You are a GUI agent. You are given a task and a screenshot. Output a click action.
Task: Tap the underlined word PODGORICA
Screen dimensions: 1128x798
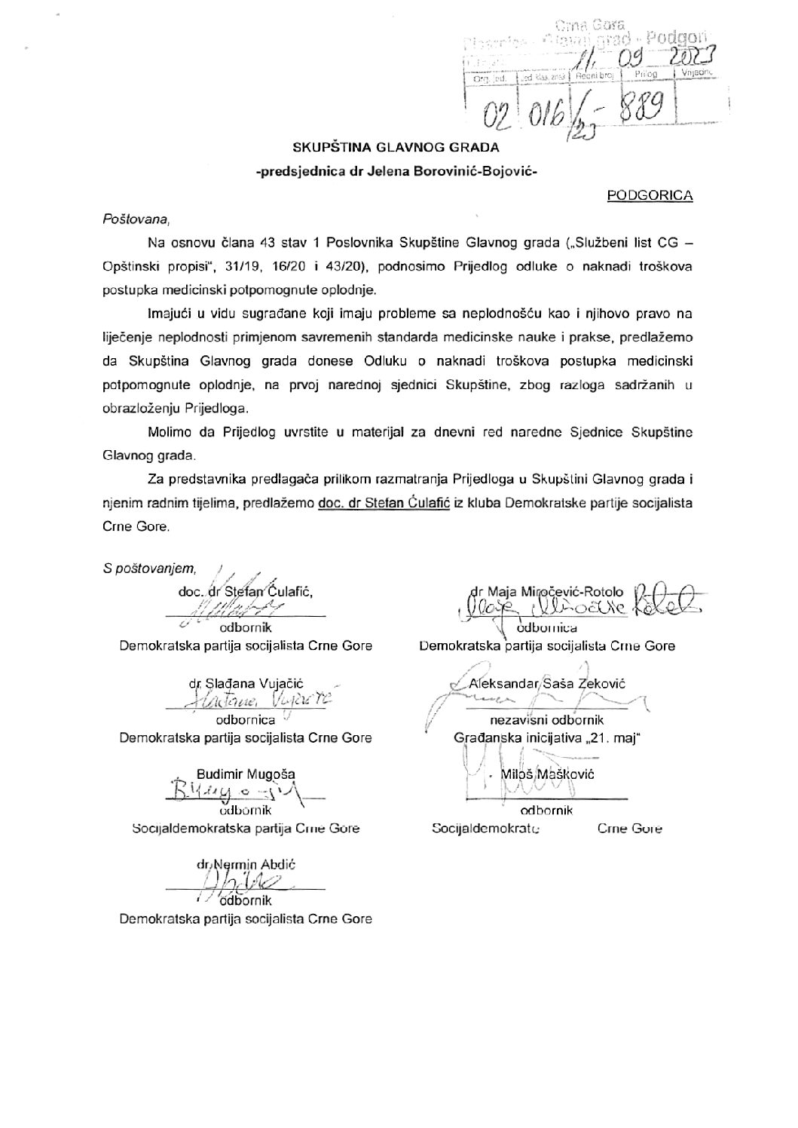(x=650, y=195)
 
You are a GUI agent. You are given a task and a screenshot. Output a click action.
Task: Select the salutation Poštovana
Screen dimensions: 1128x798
(x=136, y=219)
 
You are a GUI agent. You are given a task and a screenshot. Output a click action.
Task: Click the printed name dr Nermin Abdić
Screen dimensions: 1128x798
(x=246, y=865)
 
